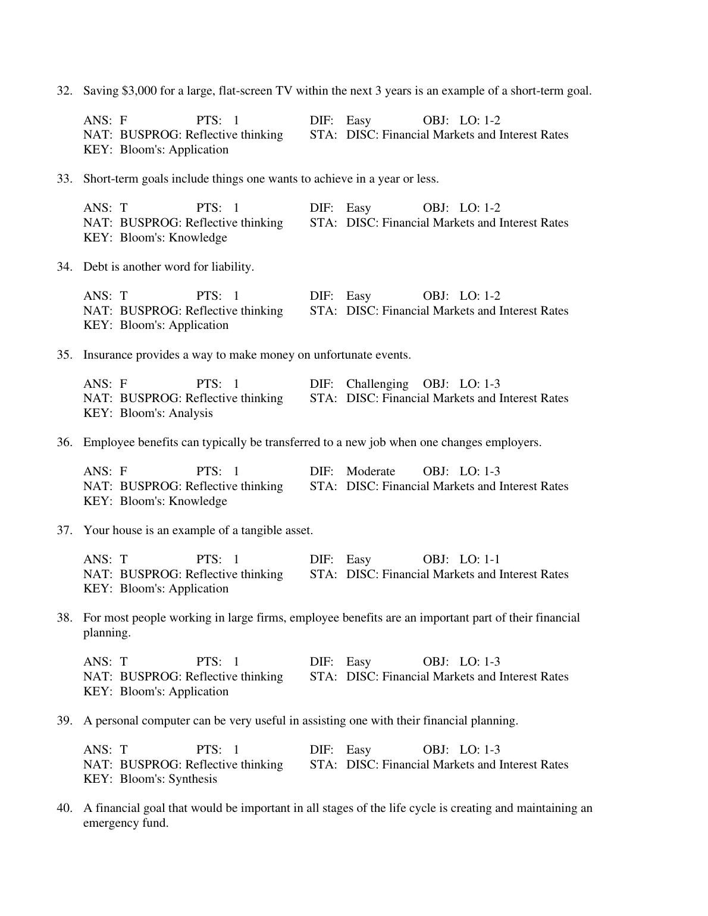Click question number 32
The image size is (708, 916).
click(x=64, y=91)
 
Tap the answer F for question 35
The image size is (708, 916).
click(x=123, y=384)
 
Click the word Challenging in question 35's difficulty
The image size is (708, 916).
click(x=377, y=384)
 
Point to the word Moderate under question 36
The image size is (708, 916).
click(x=370, y=472)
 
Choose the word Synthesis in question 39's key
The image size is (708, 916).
click(x=193, y=779)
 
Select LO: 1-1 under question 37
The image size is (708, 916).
click(x=480, y=560)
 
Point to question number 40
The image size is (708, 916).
click(x=64, y=808)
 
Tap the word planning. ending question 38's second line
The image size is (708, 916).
click(x=106, y=633)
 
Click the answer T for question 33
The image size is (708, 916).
click(x=124, y=208)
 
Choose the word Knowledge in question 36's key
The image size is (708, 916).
click(x=198, y=501)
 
